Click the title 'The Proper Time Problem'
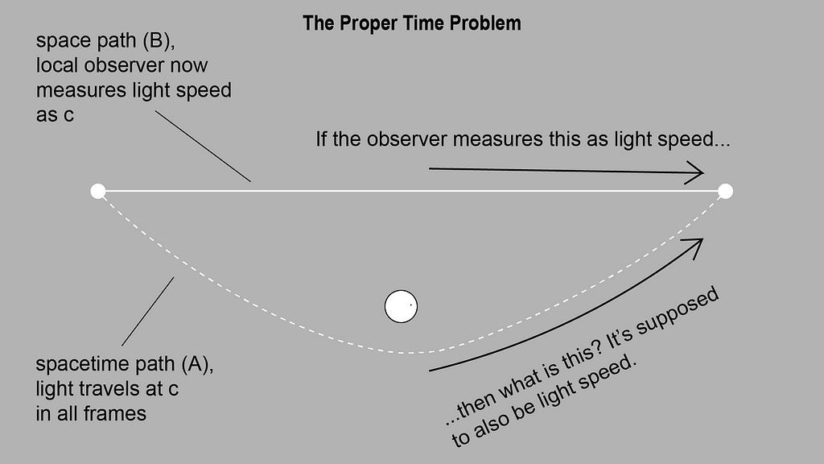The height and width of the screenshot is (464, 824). point(411,23)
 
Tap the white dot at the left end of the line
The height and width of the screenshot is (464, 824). point(98,191)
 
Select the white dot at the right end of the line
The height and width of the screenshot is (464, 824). point(725,191)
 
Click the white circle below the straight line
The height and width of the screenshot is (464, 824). point(401,306)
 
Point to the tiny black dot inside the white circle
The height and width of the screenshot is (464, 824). point(411,305)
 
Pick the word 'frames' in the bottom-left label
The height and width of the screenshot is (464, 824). point(120,414)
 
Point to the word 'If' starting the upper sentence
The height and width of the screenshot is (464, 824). point(322,139)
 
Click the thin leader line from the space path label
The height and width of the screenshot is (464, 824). point(202,146)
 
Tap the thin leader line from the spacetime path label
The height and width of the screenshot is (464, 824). point(148,311)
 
